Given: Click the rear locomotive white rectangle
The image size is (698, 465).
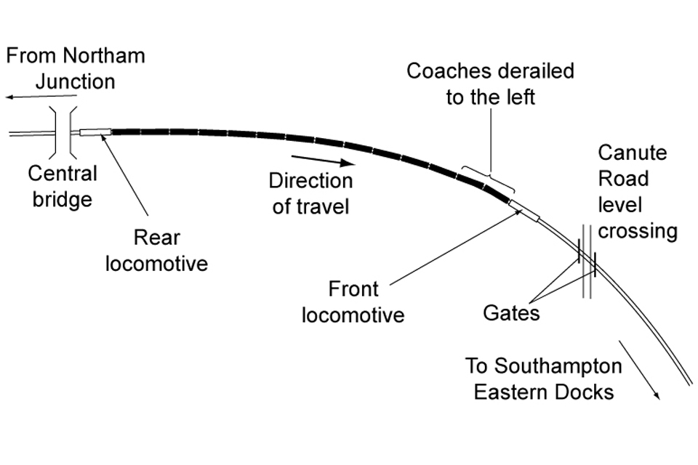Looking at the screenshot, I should click(95, 132).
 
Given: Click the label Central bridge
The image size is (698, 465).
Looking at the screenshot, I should click(63, 186).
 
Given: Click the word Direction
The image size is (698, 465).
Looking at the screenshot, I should click(310, 180).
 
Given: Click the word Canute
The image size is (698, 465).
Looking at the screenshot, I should click(632, 153).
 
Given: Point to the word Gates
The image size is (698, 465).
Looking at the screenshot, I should click(511, 313).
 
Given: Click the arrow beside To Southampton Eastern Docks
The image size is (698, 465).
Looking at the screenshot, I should click(639, 368).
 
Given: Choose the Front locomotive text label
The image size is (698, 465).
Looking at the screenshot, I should click(353, 302).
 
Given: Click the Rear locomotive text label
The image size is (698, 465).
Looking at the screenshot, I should click(156, 250).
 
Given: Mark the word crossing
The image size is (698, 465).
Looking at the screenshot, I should click(638, 231).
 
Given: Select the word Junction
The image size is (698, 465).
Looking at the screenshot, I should click(75, 81).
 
